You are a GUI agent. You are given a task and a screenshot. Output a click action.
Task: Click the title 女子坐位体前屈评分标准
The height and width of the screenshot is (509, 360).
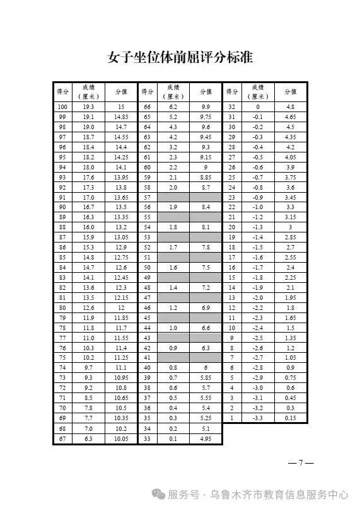point(180,57)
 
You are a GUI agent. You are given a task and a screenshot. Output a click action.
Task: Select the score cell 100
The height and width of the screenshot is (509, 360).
point(62,107)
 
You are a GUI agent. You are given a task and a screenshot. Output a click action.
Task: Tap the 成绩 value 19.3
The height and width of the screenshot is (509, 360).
point(89,107)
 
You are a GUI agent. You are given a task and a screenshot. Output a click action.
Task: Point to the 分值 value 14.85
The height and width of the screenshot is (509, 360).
point(121,117)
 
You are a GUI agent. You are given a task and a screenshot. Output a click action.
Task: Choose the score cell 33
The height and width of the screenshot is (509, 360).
point(148,438)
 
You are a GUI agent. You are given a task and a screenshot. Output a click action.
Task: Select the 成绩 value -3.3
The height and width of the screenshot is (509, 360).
point(257,418)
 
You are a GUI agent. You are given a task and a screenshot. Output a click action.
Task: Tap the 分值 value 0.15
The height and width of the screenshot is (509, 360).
point(290,418)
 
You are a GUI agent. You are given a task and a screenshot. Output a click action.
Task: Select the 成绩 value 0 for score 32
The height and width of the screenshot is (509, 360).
point(257,107)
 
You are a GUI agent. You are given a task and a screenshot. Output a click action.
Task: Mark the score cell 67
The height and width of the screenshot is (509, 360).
point(62,438)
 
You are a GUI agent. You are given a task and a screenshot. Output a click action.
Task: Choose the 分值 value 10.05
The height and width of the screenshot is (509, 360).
point(121,438)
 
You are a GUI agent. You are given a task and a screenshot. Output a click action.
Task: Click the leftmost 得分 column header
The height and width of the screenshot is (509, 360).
point(62,92)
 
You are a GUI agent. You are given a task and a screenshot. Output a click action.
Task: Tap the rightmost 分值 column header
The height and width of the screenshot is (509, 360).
point(290,92)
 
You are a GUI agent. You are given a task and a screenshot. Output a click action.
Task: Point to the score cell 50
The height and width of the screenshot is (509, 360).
point(148,267)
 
